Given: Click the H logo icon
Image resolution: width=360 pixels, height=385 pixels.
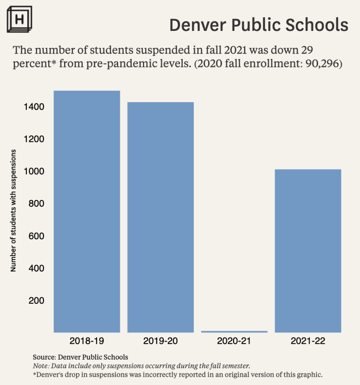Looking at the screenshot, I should point(19,19).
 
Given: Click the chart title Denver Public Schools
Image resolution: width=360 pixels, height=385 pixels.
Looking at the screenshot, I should point(258,25).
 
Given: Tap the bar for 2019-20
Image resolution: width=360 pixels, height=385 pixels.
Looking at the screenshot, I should point(161,217).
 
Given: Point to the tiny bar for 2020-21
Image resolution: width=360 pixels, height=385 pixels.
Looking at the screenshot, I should point(234,331).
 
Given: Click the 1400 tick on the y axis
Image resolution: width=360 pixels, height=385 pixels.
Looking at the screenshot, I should point(35,107).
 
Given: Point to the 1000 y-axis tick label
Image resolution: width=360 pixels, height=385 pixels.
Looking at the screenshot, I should point(35,171).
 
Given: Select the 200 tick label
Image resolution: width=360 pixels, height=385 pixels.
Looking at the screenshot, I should point(37,301).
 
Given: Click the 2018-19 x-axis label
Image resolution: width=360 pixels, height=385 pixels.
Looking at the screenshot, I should point(87,342).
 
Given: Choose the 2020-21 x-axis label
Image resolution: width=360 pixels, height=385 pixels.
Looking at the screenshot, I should point(234,342).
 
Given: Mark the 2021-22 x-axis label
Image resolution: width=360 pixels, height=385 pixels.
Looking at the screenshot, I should point(308,342).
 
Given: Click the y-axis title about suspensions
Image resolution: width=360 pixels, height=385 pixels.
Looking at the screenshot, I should point(13,210).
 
